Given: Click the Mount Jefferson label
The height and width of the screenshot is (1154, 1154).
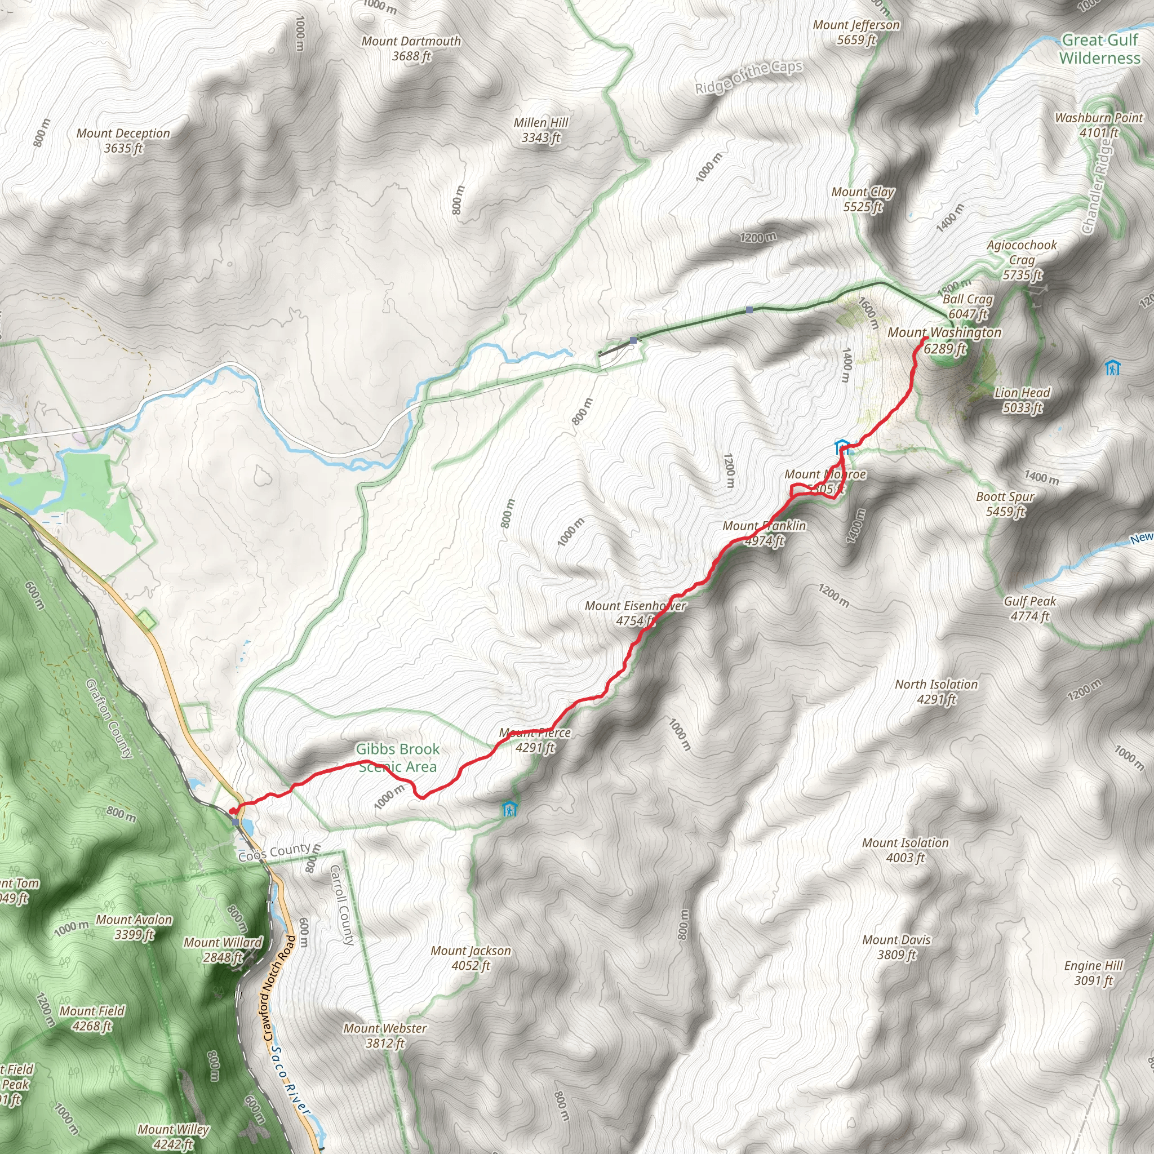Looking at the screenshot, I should (x=856, y=32).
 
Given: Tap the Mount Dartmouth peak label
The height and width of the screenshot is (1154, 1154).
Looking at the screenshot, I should (x=411, y=48).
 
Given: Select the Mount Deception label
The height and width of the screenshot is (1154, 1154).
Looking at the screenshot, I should (x=123, y=140).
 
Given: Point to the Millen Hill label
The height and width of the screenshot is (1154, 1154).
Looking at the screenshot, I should (x=540, y=130).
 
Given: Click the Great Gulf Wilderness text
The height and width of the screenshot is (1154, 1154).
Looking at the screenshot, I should (x=1100, y=49).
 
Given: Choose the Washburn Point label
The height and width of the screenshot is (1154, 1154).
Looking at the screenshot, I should (x=1098, y=125).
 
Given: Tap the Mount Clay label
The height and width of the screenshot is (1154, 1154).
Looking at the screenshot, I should (x=863, y=199).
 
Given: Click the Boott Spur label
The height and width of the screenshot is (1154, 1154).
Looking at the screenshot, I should (x=1005, y=504).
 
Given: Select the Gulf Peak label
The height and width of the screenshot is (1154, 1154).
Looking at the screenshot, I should (x=1030, y=608).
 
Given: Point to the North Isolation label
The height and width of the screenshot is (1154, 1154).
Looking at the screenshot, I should (x=936, y=692).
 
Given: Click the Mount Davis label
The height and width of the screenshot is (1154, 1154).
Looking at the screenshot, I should (x=896, y=947).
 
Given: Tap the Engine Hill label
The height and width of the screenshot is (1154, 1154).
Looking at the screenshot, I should (x=1093, y=973).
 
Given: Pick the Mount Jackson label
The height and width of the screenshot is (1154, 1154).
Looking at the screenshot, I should (x=471, y=957).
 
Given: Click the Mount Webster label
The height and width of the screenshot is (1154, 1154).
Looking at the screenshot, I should (x=385, y=1036).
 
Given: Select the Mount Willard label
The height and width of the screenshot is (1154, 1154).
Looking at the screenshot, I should (x=222, y=949).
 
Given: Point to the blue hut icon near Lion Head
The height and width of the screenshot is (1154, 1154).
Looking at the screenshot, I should (x=1112, y=367).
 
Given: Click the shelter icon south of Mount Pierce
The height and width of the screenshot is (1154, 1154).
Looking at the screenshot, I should (x=509, y=809).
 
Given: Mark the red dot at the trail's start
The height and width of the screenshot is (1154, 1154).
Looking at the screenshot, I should (x=232, y=810).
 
